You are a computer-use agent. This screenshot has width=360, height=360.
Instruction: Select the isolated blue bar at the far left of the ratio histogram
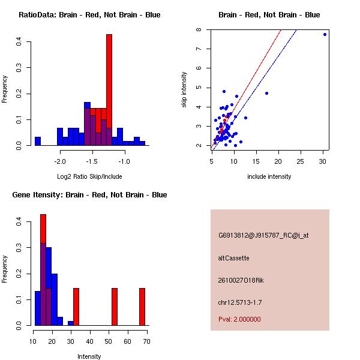pos(37,141)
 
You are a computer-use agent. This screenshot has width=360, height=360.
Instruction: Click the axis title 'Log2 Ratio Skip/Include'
pos(89,176)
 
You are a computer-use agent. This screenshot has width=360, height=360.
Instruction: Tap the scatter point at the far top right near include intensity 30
pos(325,34)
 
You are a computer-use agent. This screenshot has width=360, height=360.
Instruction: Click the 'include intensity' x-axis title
pos(269,176)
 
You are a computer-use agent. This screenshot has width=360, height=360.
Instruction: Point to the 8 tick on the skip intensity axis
pos(206,29)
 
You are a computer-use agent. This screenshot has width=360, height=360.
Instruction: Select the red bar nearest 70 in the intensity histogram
pos(142,307)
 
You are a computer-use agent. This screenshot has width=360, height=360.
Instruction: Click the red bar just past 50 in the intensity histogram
pos(115,307)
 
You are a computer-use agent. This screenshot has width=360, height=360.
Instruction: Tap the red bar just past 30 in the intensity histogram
pos(76,307)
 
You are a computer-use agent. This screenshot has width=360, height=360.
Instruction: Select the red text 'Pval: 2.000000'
pos(239,319)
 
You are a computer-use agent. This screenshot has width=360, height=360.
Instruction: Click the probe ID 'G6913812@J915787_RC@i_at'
pos(263,236)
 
